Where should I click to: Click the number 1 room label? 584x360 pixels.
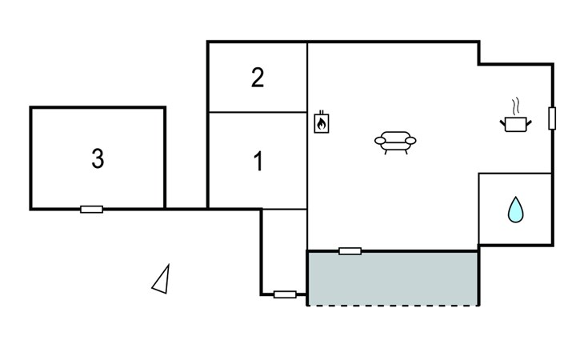[x=258, y=161]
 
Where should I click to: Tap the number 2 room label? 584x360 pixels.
[x=258, y=78]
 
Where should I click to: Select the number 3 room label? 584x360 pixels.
[x=98, y=158]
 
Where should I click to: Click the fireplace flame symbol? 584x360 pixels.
[x=321, y=122]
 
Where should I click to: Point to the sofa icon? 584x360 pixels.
[x=395, y=142]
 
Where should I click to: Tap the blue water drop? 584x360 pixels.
[x=515, y=210]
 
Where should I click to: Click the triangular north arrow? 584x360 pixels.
[x=162, y=279]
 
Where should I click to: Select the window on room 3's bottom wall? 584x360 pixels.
[x=92, y=210]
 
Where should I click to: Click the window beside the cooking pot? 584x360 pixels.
[x=552, y=118]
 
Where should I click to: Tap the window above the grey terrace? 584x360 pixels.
[x=350, y=251]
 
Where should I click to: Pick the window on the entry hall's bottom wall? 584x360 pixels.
[x=285, y=294]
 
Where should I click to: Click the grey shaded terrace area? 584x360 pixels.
[x=393, y=278]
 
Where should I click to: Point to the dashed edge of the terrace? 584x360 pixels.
[x=393, y=306]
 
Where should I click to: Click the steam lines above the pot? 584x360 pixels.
[x=515, y=106]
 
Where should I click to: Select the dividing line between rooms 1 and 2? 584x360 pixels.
[x=258, y=112]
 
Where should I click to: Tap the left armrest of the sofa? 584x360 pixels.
[x=380, y=140]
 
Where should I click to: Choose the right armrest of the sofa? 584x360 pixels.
[x=410, y=140]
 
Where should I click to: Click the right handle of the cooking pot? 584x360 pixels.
[x=529, y=123]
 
